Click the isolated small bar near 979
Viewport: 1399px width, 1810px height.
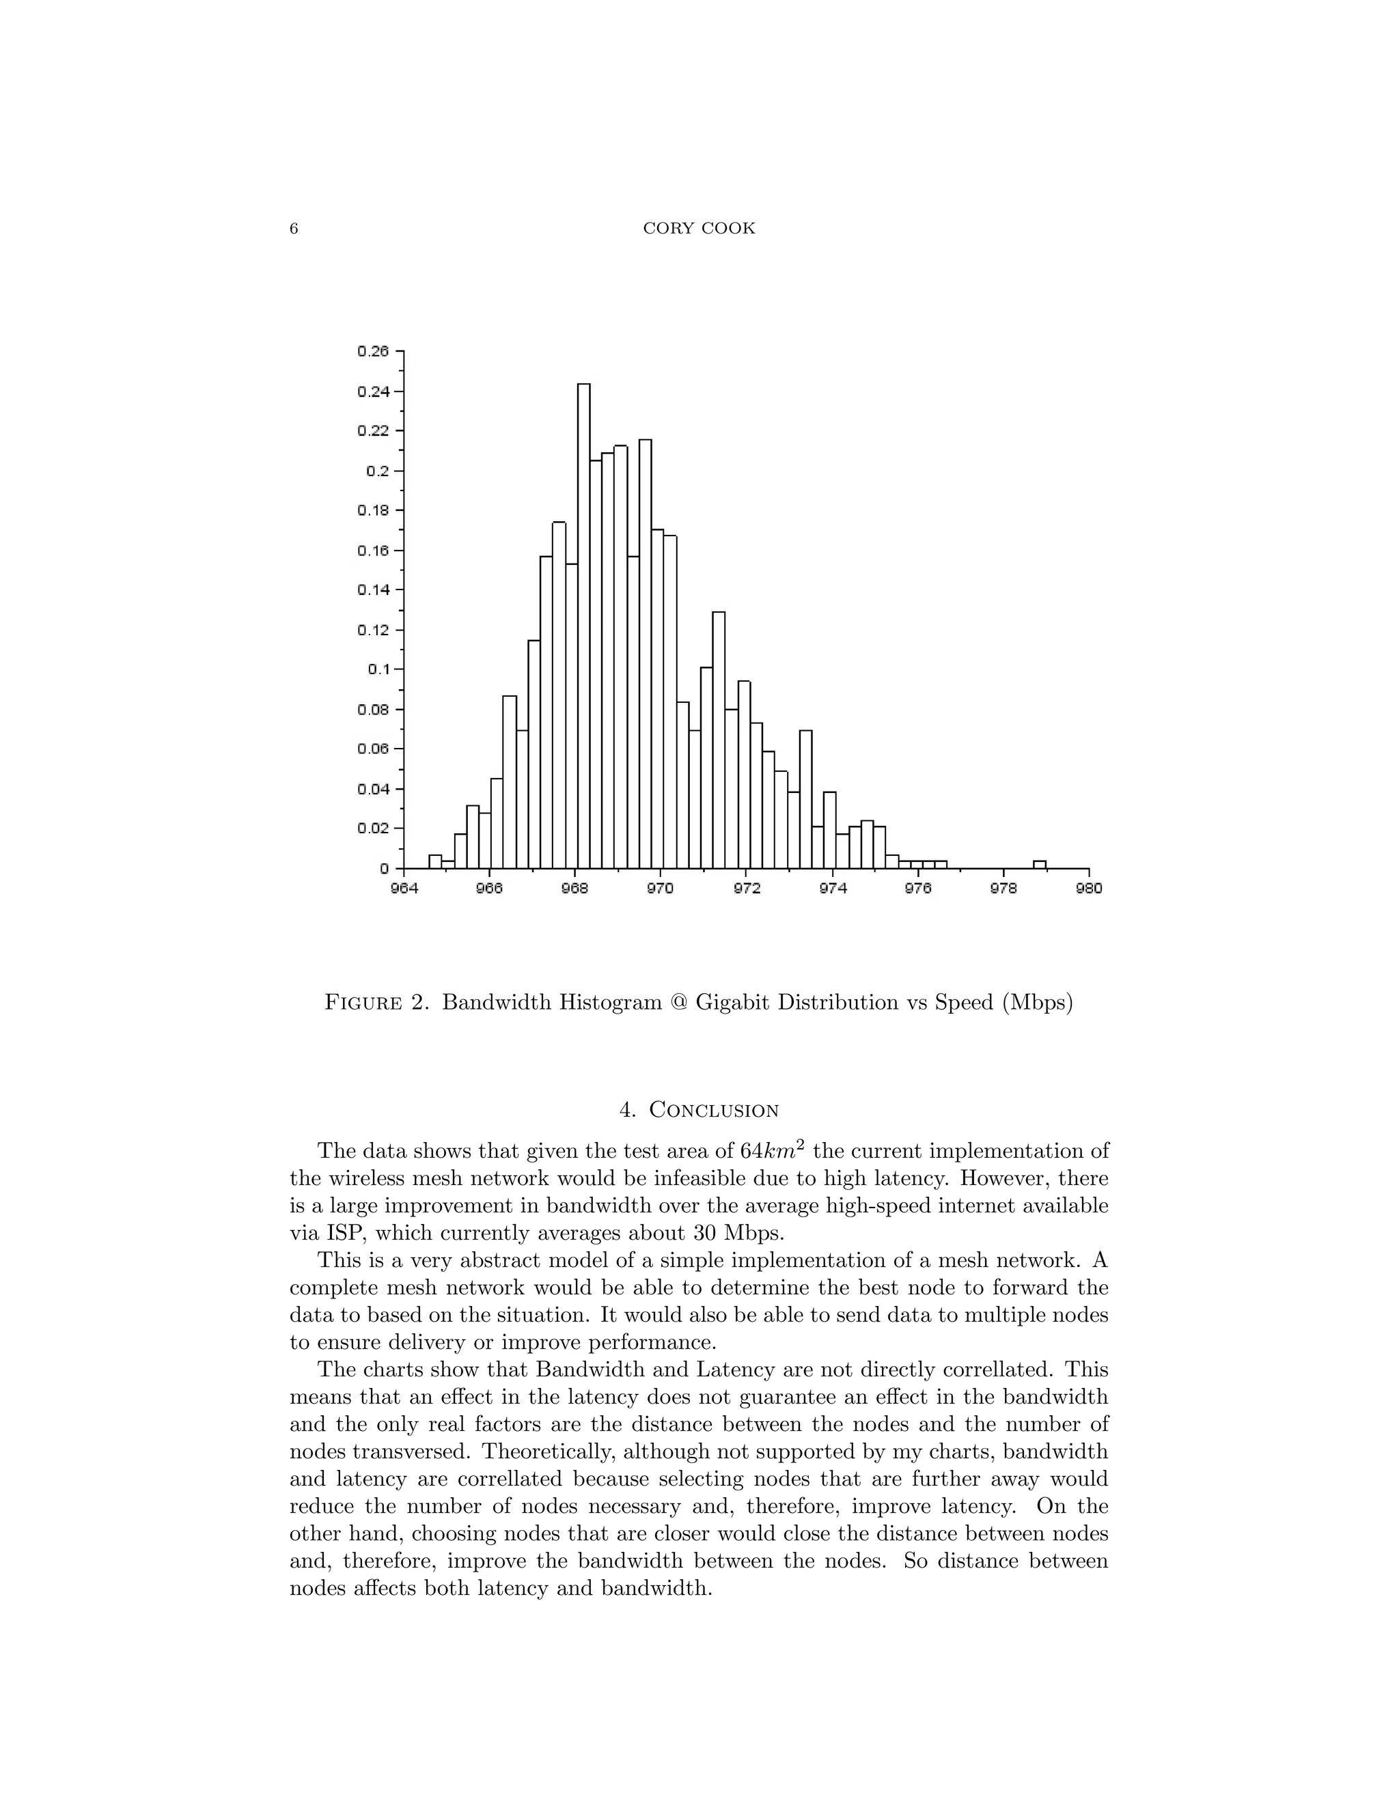click(x=1039, y=865)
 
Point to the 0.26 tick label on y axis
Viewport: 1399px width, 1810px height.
click(x=373, y=351)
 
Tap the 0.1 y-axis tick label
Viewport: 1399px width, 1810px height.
click(x=378, y=669)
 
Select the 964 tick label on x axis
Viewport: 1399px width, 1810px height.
click(x=404, y=889)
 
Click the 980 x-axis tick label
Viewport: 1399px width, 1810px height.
click(x=1089, y=889)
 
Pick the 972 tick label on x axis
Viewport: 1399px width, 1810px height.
click(x=746, y=889)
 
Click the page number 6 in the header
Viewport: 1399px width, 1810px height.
click(x=293, y=229)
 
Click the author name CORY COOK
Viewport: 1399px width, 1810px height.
click(x=699, y=229)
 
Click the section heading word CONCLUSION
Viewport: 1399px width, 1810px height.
click(x=714, y=1111)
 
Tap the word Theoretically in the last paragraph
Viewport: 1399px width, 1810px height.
click(x=549, y=1451)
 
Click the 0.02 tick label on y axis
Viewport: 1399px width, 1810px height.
click(x=373, y=829)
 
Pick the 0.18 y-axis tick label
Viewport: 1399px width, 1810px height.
click(x=373, y=510)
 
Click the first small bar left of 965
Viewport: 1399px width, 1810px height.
click(x=435, y=862)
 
